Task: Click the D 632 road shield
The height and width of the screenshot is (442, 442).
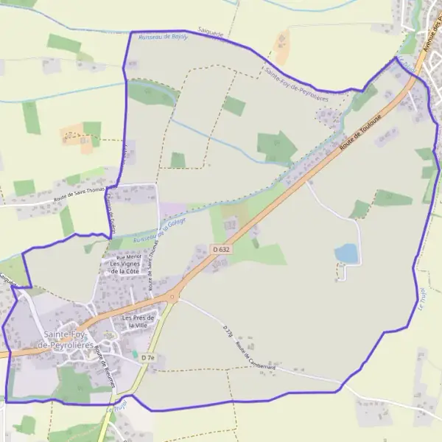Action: (221, 250)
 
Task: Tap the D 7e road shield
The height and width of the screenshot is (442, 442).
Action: (150, 357)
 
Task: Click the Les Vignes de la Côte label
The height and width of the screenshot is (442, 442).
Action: (124, 267)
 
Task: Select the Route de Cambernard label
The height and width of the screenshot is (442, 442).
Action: (255, 356)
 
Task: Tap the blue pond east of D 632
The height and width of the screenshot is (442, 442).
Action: (347, 253)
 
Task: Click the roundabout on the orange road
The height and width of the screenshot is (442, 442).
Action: (174, 297)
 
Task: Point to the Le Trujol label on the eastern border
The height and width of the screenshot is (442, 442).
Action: (423, 299)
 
